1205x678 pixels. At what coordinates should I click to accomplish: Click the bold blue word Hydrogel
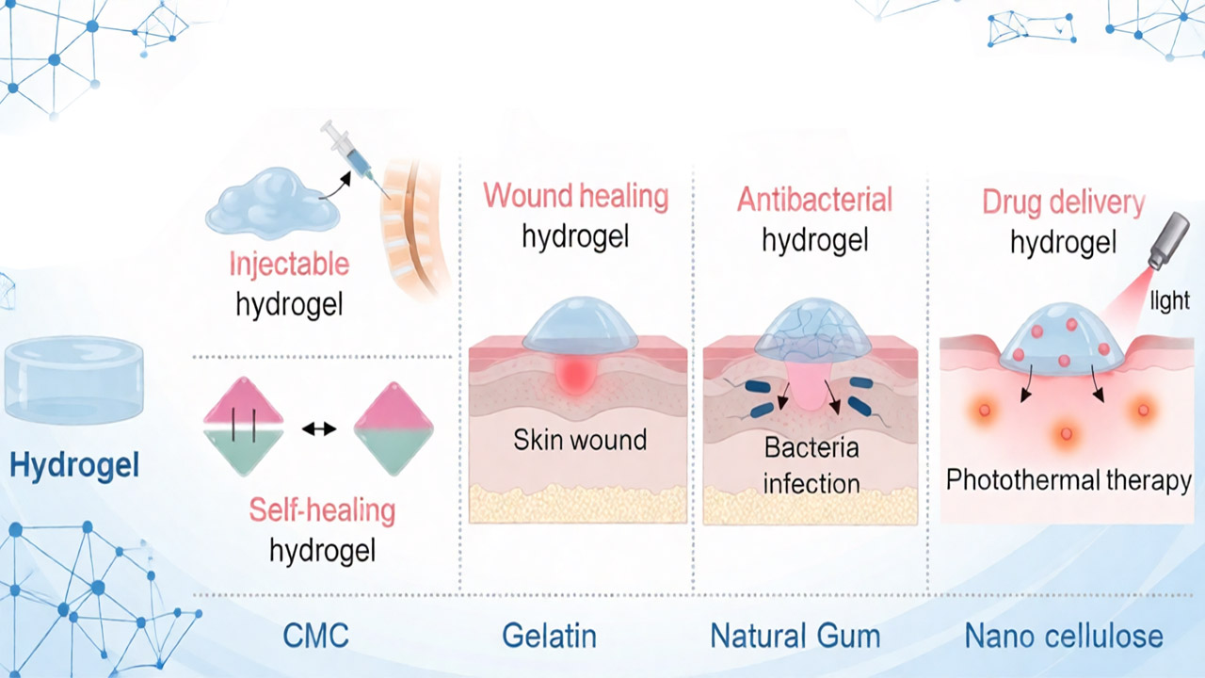coord(74,465)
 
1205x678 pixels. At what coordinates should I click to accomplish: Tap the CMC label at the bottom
coord(315,636)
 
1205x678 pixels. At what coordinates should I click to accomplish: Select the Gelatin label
coord(549,636)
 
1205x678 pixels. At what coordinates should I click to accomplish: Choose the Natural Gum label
coord(795,636)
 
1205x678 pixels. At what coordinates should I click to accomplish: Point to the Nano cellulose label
coord(1064,636)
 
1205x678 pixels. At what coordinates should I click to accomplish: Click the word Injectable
coord(289,265)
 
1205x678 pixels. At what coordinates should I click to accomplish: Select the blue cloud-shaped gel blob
coord(272,203)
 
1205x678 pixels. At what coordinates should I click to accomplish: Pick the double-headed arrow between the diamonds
coord(319,428)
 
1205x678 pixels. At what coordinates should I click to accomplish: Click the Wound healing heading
coord(575,196)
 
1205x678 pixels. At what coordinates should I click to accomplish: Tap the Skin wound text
coord(580,440)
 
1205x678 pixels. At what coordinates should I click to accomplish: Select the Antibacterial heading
coord(814,200)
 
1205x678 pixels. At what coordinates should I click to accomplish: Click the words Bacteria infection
coord(811,465)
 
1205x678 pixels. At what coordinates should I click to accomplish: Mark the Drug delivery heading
coord(1064,202)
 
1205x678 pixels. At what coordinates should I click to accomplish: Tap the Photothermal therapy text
coord(1068,480)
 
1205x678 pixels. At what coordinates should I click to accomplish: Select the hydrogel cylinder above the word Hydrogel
coord(74,379)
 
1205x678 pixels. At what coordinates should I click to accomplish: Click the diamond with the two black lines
coord(243,427)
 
